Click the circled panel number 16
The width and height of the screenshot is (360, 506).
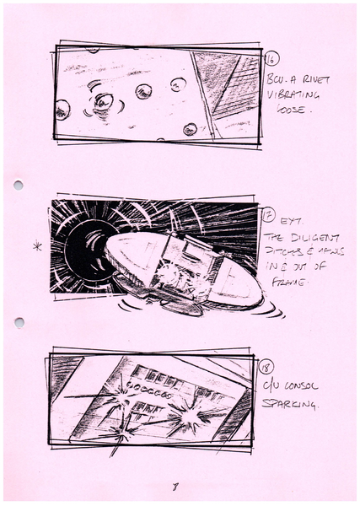[271, 59]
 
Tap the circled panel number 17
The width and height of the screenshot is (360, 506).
[270, 216]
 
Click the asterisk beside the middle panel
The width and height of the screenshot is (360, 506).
[35, 248]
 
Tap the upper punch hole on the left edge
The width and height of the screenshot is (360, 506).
[19, 185]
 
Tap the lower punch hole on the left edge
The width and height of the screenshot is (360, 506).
[19, 322]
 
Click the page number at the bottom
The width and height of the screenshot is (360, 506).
[173, 487]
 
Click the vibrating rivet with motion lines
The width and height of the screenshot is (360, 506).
[104, 101]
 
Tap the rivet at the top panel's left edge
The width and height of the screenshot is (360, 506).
[62, 109]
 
